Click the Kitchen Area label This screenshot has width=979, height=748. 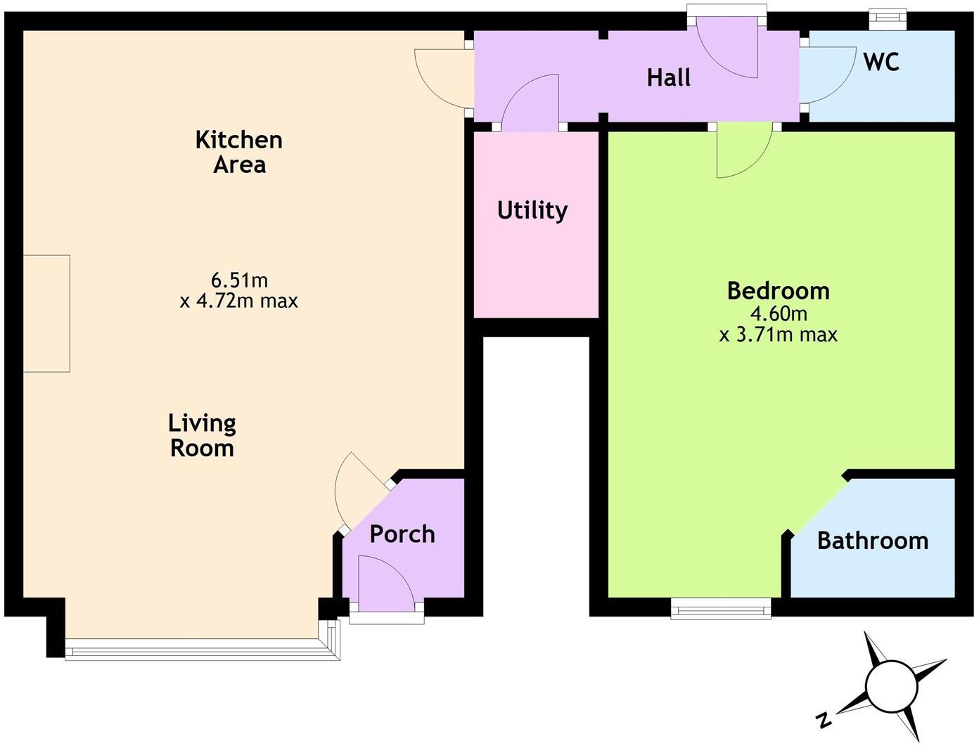pyautogui.click(x=239, y=152)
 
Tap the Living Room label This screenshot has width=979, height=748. pyautogui.click(x=202, y=436)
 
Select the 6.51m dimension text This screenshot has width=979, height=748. pyautogui.click(x=239, y=280)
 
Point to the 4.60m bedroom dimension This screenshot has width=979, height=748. pyautogui.click(x=778, y=313)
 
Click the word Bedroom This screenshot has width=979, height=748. pyautogui.click(x=778, y=290)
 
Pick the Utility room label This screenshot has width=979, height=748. pyautogui.click(x=532, y=210)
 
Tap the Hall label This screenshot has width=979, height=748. pyautogui.click(x=668, y=77)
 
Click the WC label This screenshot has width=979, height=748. pyautogui.click(x=881, y=62)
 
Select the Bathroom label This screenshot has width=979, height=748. pyautogui.click(x=872, y=541)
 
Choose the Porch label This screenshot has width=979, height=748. pyautogui.click(x=402, y=534)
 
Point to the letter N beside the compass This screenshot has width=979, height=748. pyautogui.click(x=822, y=719)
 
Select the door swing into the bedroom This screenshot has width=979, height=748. pyautogui.click(x=742, y=151)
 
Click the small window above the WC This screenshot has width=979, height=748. pyautogui.click(x=888, y=19)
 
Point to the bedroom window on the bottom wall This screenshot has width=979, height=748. pyautogui.click(x=721, y=607)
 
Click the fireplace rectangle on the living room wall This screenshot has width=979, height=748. pyautogui.click(x=46, y=314)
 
